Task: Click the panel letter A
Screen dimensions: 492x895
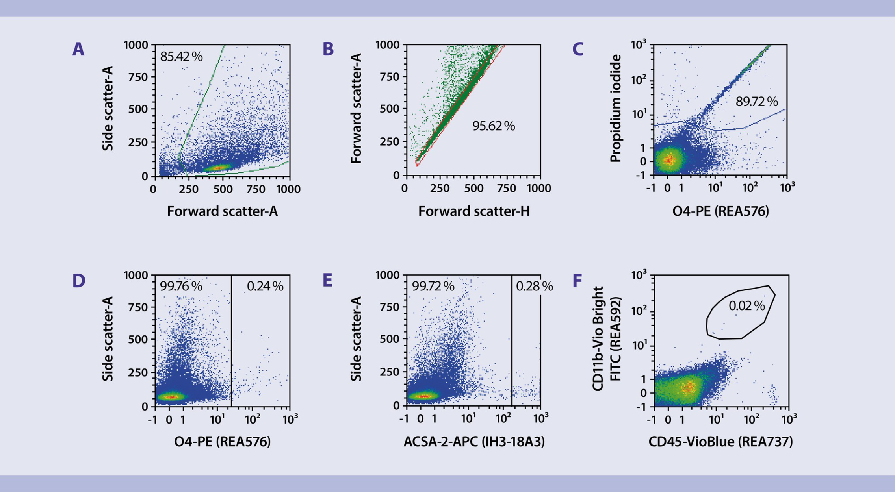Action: [78, 50]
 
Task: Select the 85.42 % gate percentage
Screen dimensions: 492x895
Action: [181, 57]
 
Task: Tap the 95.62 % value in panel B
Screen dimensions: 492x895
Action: [493, 126]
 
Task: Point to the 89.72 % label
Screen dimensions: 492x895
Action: [756, 102]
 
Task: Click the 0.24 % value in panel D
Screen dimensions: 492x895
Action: [265, 286]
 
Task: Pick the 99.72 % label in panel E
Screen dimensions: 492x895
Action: [433, 286]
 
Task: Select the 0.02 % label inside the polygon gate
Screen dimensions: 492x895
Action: [746, 305]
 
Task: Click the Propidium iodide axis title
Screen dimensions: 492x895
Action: [615, 109]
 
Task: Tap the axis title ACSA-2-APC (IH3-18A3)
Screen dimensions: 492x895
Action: [474, 442]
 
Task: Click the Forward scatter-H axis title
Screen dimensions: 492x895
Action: [474, 211]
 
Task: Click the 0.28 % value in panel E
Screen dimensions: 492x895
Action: [534, 286]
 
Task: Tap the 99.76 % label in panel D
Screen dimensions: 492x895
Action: [181, 286]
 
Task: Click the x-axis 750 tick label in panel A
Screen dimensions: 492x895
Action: [256, 189]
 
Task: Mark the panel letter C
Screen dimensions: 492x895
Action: [577, 50]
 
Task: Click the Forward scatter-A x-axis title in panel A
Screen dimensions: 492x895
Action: [222, 211]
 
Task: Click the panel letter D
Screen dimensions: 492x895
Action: [78, 281]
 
